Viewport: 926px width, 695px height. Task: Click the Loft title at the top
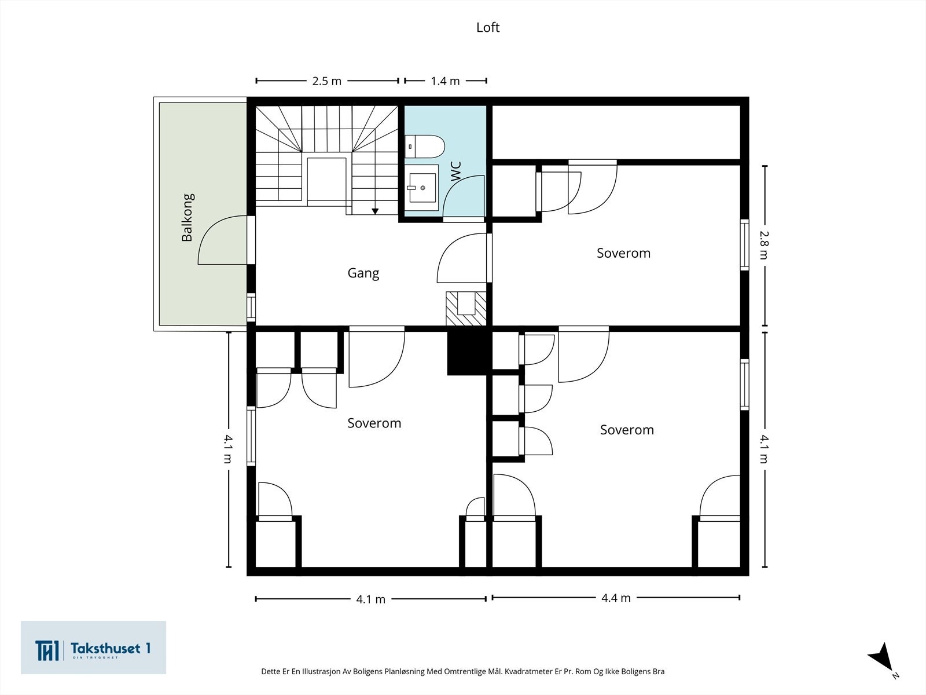[x=487, y=27]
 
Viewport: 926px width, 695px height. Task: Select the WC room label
[x=456, y=172]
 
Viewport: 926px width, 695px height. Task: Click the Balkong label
[x=188, y=217]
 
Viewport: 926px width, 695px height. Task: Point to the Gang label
[x=363, y=273]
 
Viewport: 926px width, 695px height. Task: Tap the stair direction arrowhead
[x=375, y=211]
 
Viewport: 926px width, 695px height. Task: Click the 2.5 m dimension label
[x=327, y=81]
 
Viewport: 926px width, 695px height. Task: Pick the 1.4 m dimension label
[x=445, y=81]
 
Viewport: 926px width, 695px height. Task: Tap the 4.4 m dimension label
[x=616, y=598]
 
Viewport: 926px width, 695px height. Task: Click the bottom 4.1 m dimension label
[x=370, y=599]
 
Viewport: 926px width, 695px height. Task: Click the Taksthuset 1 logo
[x=93, y=648]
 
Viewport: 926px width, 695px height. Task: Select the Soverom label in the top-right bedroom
[x=623, y=253]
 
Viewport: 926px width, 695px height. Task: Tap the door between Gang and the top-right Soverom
[x=463, y=258]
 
